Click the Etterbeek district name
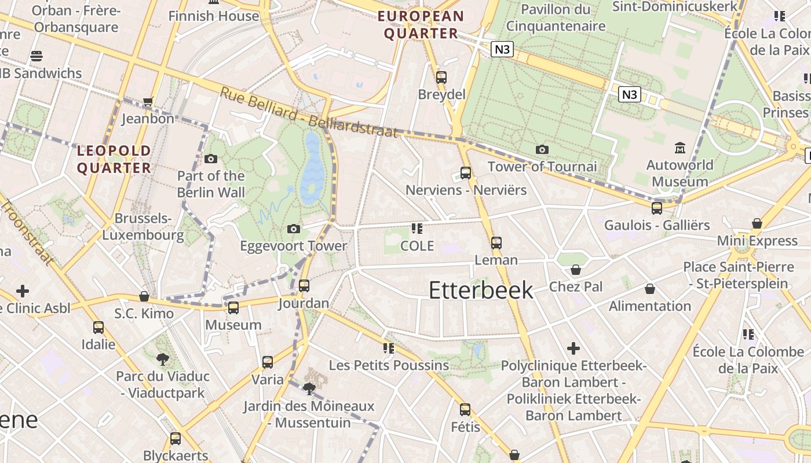pos(481,290)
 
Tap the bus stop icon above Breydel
pos(441,77)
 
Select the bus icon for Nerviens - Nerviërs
pos(466,172)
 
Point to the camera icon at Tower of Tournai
pos(542,149)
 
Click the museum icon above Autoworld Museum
pos(680,148)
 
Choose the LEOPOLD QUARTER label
pos(114,159)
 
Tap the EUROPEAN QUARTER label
pos(421,25)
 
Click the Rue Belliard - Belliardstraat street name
pos(309,112)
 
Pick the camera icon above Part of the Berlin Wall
pos(211,159)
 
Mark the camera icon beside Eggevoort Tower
pos(294,229)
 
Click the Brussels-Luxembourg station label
pos(143,227)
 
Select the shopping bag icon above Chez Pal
pos(576,270)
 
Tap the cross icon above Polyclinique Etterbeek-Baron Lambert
pos(573,348)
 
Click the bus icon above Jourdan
pos(304,286)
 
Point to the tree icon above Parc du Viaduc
pos(163,359)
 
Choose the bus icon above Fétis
pos(465,410)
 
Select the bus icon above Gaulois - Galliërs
pos(657,208)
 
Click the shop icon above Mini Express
pos(757,223)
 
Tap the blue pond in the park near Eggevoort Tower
pos(312,168)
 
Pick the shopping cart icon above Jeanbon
pos(148,102)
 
